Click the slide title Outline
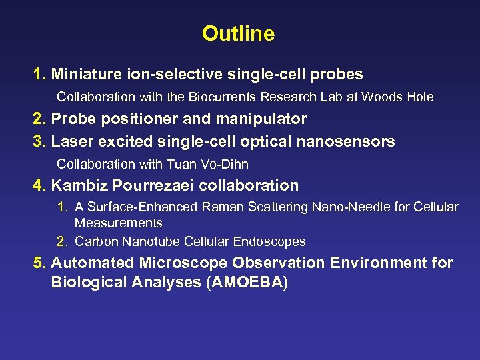coord(238,33)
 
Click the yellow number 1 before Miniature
coord(39,74)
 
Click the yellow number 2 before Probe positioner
coord(39,119)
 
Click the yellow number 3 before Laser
coord(39,141)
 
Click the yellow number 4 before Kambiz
coord(39,185)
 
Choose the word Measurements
coord(118,223)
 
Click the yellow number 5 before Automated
coord(39,263)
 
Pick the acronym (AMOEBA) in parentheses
coord(248,283)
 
